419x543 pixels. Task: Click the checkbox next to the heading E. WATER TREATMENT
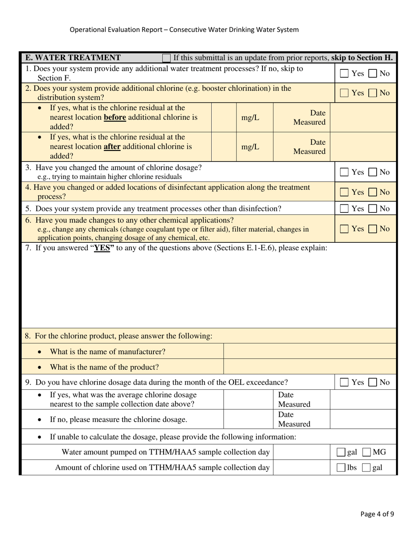coord(167,58)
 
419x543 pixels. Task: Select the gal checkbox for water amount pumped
coord(341,452)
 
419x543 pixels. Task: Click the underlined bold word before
coord(115,117)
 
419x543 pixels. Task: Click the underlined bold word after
coord(112,146)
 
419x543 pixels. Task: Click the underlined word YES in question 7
coord(102,248)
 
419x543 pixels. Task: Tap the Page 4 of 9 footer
coord(377,513)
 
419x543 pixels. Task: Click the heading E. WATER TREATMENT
coord(73,57)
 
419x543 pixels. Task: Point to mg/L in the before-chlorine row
coord(251,118)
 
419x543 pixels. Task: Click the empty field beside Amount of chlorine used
coord(301,468)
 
